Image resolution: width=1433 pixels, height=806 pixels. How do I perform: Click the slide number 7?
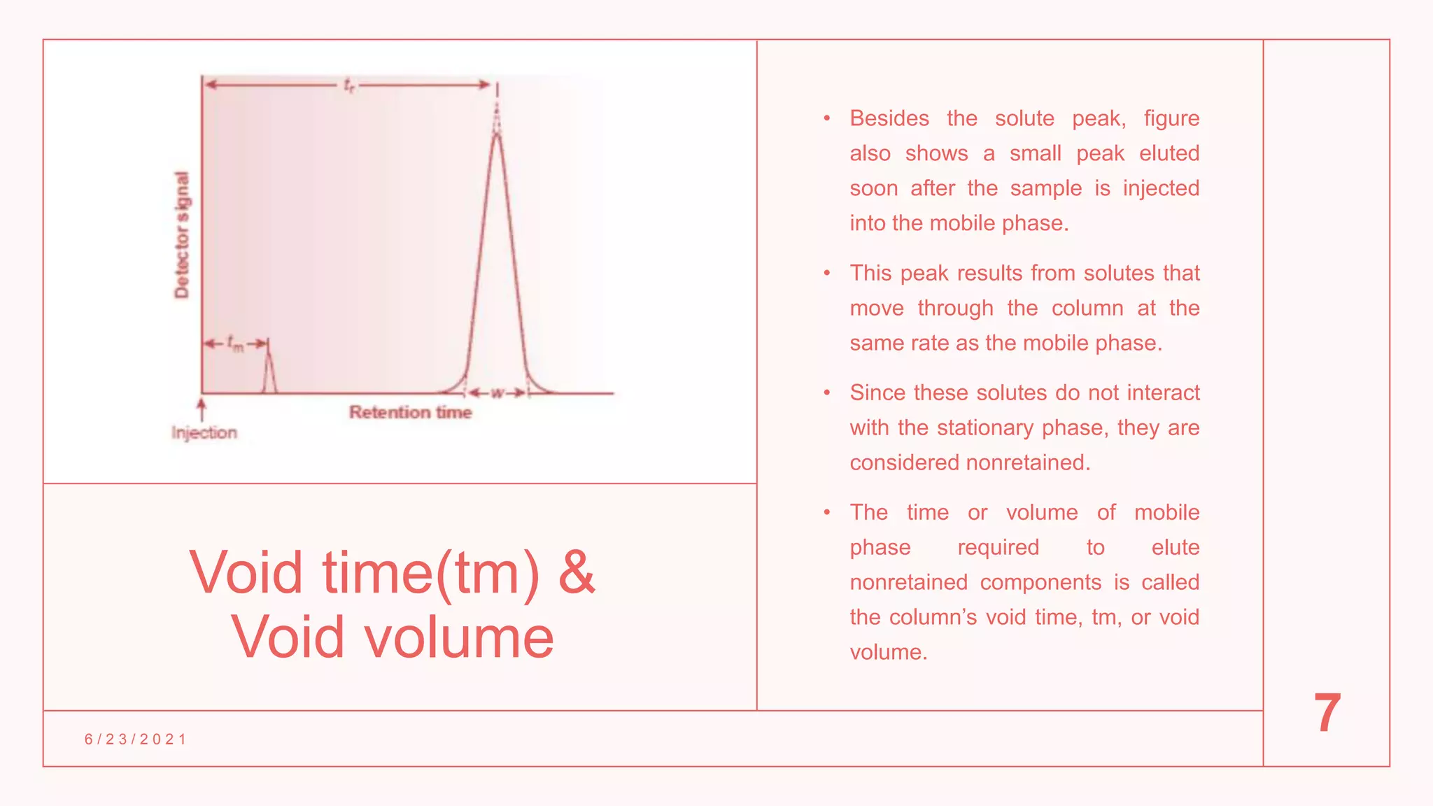coord(1327,713)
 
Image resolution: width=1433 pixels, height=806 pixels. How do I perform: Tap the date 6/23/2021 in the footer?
coord(136,740)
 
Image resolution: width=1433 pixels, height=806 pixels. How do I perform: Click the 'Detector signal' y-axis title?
coord(182,235)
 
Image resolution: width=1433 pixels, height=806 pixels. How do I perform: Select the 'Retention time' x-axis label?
coord(411,413)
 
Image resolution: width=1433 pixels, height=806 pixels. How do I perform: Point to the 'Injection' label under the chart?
coord(204,433)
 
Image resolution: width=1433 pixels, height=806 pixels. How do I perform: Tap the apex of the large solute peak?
coord(497,134)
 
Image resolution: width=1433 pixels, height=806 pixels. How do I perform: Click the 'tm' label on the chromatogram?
coord(236,344)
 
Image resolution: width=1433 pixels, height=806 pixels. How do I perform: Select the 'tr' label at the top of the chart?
coord(349,85)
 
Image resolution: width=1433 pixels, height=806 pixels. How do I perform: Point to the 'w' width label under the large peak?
coord(497,393)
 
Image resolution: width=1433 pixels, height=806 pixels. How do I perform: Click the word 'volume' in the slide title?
coord(458,637)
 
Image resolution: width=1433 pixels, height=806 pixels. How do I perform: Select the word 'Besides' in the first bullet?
coord(889,118)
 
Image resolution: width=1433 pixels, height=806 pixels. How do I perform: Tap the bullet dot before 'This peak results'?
coord(827,273)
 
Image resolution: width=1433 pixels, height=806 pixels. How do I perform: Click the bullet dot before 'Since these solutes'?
coord(827,393)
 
